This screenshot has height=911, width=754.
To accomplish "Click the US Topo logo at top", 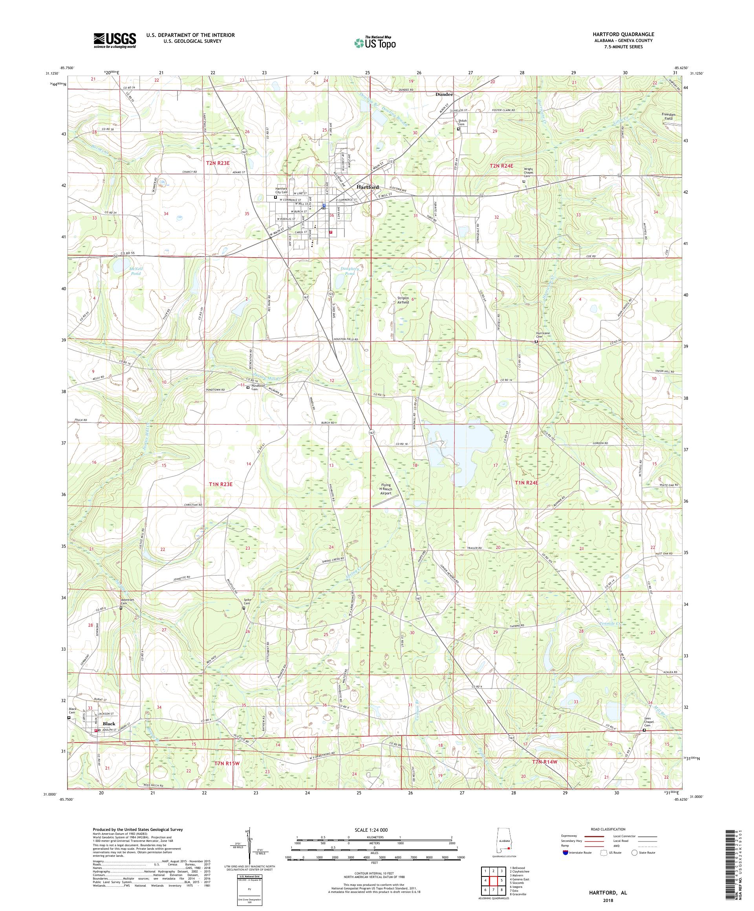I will click(375, 42).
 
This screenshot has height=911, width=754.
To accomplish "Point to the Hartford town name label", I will click(368, 187).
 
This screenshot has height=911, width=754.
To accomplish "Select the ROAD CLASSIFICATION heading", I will click(607, 829).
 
